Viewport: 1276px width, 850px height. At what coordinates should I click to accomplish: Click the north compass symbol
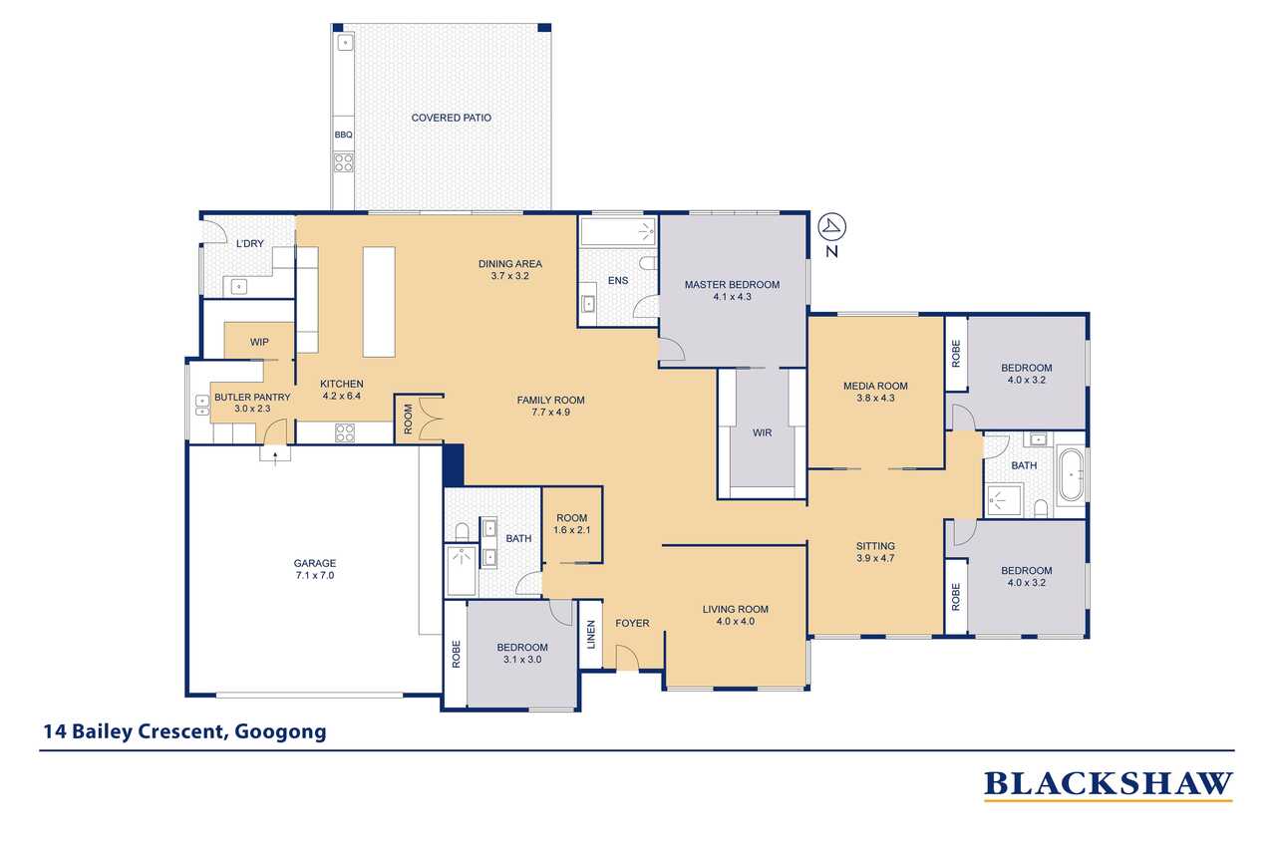pyautogui.click(x=831, y=228)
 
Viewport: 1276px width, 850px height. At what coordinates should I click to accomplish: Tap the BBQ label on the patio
pyautogui.click(x=342, y=135)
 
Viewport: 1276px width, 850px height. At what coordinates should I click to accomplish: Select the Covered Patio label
pyautogui.click(x=451, y=118)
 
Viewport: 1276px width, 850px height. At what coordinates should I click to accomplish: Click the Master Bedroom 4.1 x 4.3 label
pyautogui.click(x=732, y=291)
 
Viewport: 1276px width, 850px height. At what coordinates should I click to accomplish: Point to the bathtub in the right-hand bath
pyautogui.click(x=1071, y=475)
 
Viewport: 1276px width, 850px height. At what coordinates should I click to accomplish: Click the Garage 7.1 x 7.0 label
pyautogui.click(x=314, y=569)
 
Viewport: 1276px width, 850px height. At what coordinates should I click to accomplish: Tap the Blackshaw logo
pyautogui.click(x=1108, y=785)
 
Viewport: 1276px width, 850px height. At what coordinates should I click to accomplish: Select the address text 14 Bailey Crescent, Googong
pyautogui.click(x=184, y=732)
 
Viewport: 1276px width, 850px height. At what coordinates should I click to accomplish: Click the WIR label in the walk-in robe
pyautogui.click(x=762, y=433)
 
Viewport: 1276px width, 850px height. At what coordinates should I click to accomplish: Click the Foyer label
pyautogui.click(x=632, y=624)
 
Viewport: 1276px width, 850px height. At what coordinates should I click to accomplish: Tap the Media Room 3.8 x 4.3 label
pyautogui.click(x=875, y=392)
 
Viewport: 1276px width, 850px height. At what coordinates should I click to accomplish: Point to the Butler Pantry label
pyautogui.click(x=252, y=403)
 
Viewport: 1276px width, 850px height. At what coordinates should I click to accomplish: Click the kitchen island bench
pyautogui.click(x=379, y=302)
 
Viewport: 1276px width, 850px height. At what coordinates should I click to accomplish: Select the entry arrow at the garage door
pyautogui.click(x=273, y=454)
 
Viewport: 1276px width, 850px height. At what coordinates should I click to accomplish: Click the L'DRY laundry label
pyautogui.click(x=247, y=244)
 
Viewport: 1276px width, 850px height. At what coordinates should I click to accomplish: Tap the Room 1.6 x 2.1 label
pyautogui.click(x=572, y=524)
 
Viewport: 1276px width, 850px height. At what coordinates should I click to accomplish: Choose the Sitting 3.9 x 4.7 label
pyautogui.click(x=875, y=552)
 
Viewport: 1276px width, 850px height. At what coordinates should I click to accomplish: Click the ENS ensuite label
pyautogui.click(x=618, y=281)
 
